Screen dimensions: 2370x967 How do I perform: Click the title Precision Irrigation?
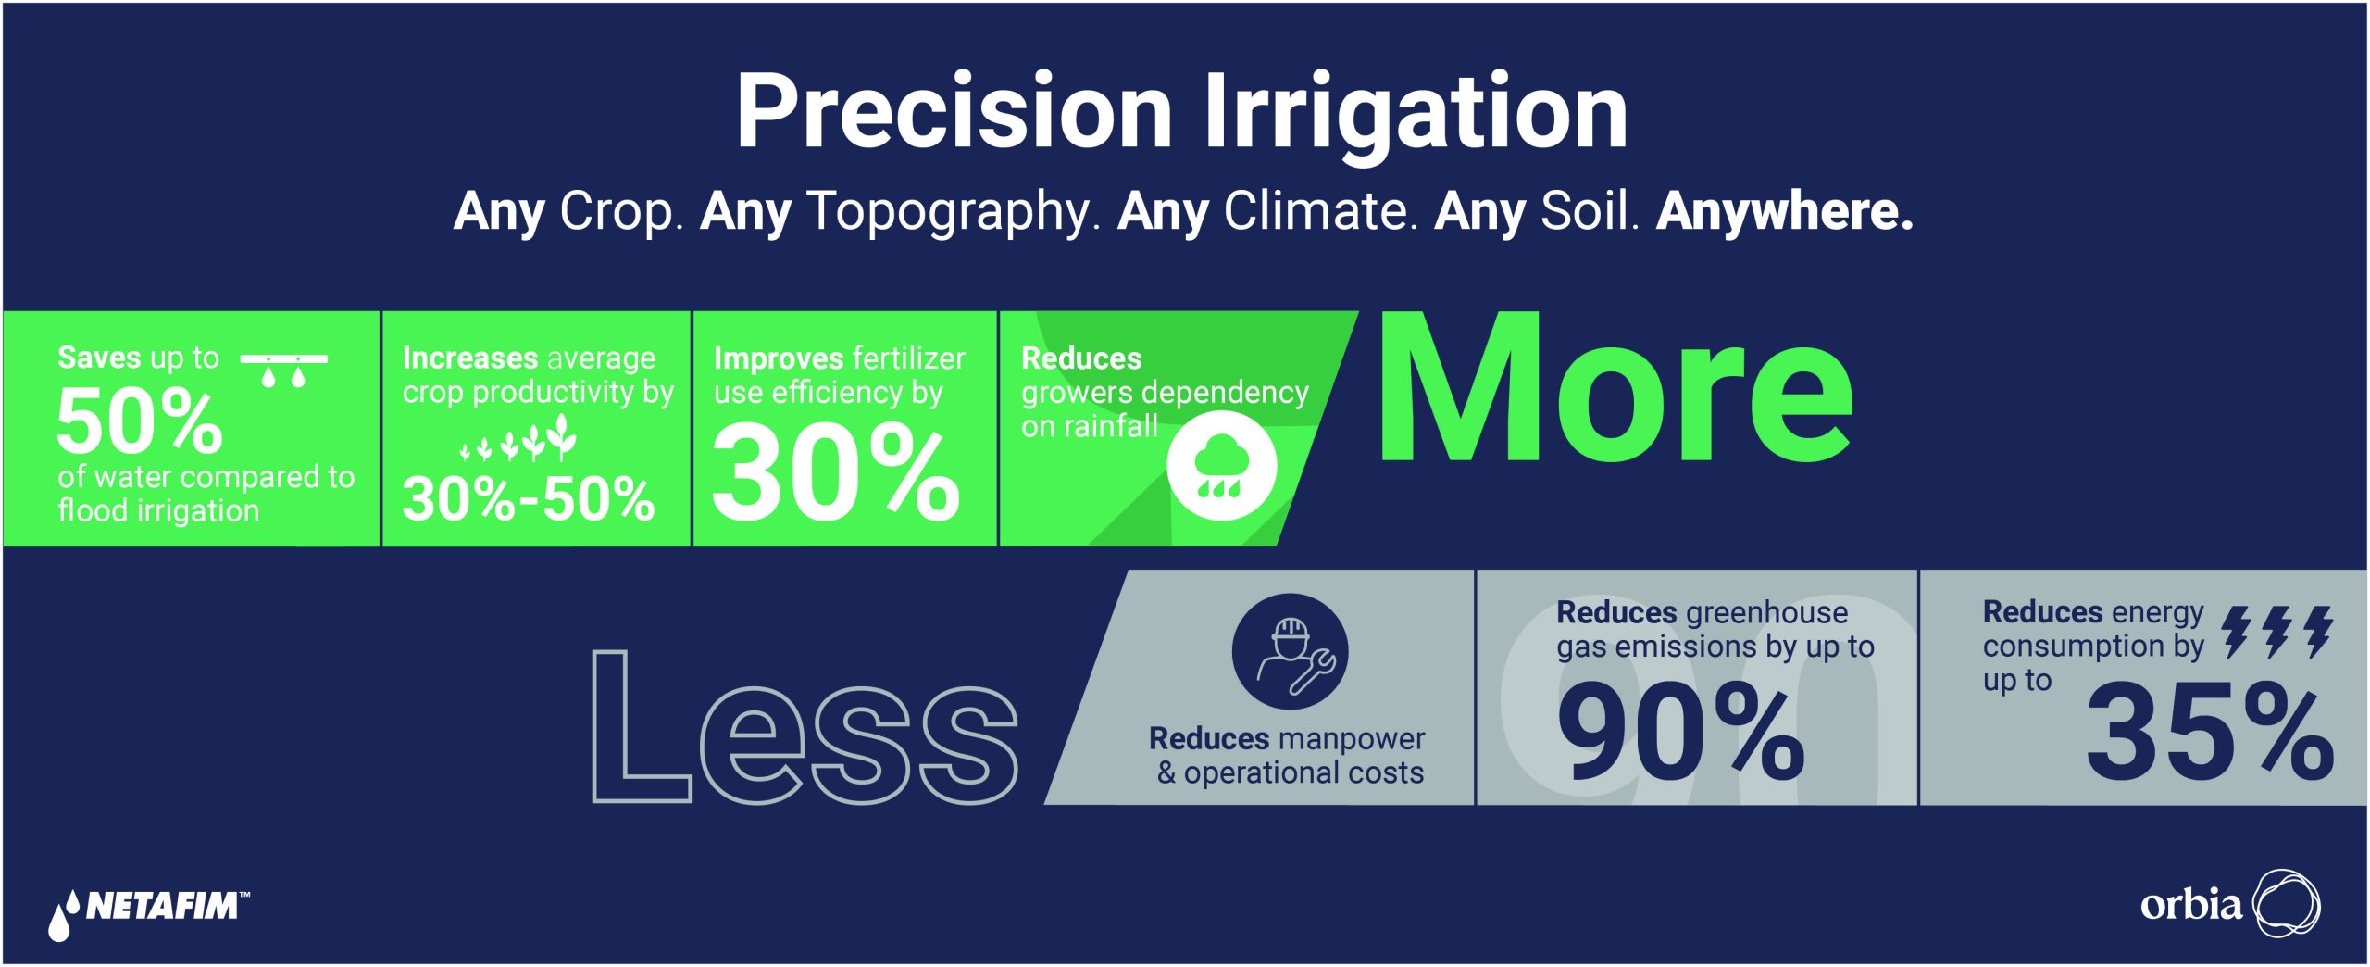coord(1181,113)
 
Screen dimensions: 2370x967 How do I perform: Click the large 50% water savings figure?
coord(140,421)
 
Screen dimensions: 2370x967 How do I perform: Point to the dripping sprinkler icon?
coord(283,370)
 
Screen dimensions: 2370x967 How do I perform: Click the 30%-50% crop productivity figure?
coord(529,498)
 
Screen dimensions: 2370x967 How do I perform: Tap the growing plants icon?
coord(519,438)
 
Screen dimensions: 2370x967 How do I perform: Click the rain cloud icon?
coord(1221,467)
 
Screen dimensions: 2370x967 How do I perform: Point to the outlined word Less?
coord(805,726)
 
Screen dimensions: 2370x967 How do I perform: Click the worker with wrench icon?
coord(1290,651)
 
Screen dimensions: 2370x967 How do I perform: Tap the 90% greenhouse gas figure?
coord(1680,731)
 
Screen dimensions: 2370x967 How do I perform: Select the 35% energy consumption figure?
coord(2210,731)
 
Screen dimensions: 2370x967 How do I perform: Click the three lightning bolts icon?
coord(2277,633)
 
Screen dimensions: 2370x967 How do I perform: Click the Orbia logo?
coord(2230,903)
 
